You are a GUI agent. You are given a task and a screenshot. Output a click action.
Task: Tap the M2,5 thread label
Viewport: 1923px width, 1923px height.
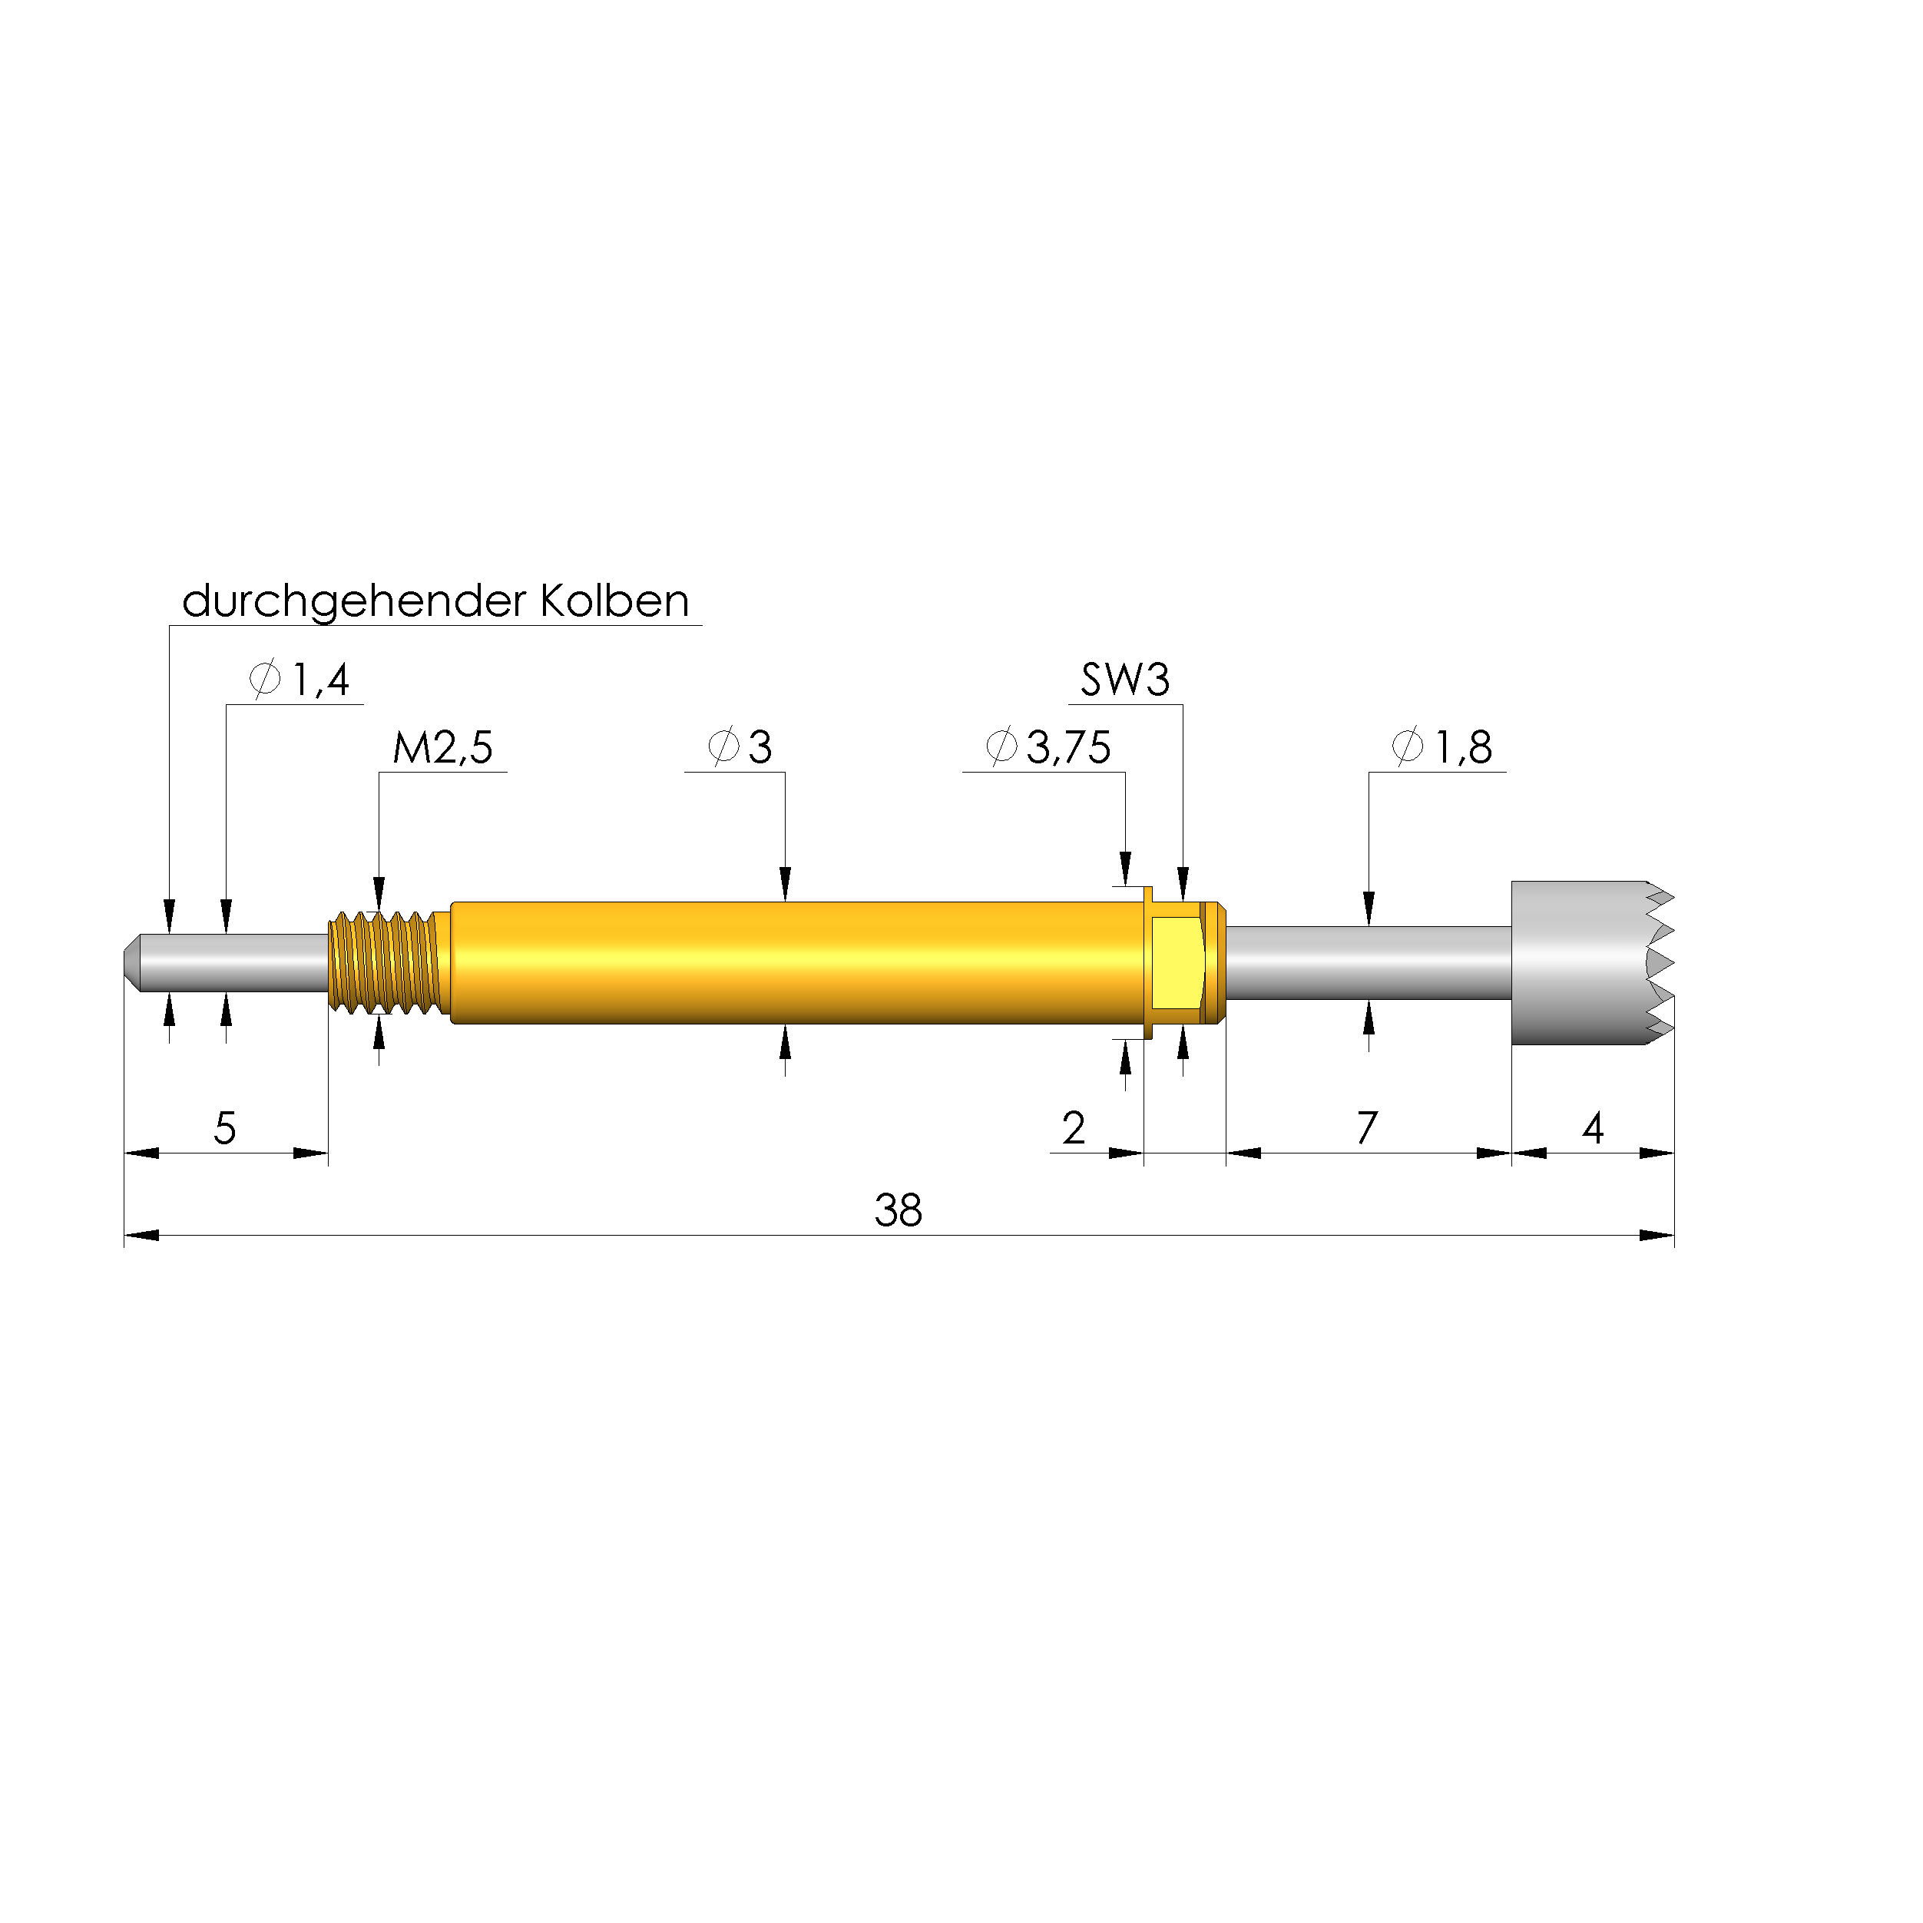443,747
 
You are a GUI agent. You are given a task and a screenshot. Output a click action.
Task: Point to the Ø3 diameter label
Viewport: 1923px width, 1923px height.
740,747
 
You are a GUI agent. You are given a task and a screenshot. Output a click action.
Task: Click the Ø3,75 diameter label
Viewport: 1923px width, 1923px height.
1048,747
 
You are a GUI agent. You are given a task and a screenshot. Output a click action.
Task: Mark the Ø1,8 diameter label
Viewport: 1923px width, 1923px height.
1442,747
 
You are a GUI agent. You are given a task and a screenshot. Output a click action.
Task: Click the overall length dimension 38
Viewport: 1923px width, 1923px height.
898,1211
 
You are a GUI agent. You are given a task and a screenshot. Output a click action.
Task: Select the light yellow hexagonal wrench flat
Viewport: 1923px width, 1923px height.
1177,962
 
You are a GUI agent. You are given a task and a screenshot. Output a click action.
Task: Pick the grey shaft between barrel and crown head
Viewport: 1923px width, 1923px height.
1369,962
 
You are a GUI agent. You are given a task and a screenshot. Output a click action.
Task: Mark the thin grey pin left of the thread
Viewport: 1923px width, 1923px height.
239,962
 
